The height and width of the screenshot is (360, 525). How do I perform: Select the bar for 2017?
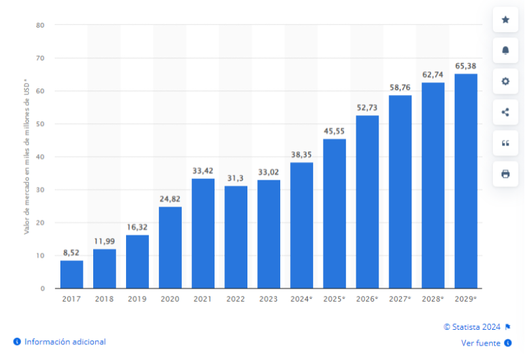[x=72, y=274]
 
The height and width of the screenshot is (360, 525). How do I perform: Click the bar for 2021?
[x=203, y=233]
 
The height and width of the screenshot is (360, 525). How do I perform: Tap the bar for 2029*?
[x=466, y=181]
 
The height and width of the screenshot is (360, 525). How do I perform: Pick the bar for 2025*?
[x=334, y=213]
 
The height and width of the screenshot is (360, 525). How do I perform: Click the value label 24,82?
[x=170, y=199]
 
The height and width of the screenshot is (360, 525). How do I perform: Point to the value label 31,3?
[x=236, y=178]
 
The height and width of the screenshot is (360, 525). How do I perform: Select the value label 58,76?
[x=400, y=87]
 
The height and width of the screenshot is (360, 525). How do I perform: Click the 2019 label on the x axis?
[x=137, y=299]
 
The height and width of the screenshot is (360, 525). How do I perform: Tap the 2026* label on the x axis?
[x=367, y=299]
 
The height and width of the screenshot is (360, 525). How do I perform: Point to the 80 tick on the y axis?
[x=40, y=26]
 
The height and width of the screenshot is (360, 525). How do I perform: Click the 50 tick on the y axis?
[x=40, y=124]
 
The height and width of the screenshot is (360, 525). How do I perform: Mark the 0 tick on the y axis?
[x=42, y=289]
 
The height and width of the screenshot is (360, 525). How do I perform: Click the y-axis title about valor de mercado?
[x=27, y=157]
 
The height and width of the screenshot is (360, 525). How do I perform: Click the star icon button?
[x=505, y=20]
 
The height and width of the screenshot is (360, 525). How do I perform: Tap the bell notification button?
[x=505, y=50]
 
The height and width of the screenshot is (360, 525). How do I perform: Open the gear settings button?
[x=505, y=81]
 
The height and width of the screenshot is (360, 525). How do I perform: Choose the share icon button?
[x=505, y=112]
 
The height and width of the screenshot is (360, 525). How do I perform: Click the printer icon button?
[x=505, y=174]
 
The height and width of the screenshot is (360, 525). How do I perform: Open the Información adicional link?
[x=65, y=342]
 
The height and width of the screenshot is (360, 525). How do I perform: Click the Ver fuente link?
[x=481, y=343]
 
